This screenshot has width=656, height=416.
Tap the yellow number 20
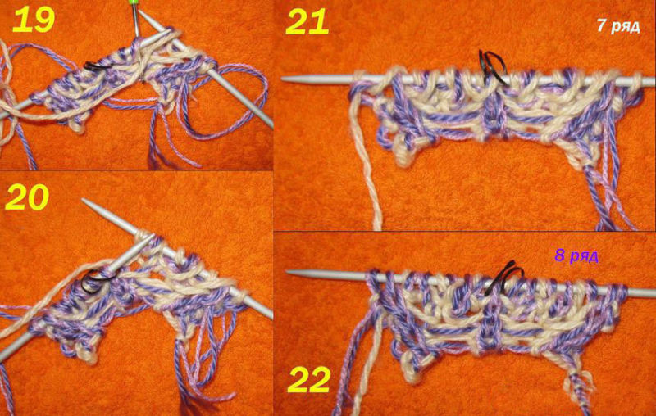(27, 197)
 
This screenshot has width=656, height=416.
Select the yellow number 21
(307, 22)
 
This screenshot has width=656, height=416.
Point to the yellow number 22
(309, 381)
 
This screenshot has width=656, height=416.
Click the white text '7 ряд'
(618, 26)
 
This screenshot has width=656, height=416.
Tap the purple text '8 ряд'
(576, 255)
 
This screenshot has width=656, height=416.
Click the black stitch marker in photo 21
(493, 67)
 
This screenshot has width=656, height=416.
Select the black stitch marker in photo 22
(504, 278)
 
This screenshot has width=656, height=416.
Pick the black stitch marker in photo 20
(96, 281)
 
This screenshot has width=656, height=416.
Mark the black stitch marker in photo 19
(97, 66)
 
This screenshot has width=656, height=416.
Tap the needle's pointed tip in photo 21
(283, 79)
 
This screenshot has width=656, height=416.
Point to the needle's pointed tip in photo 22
(287, 273)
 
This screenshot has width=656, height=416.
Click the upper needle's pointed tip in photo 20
(84, 201)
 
